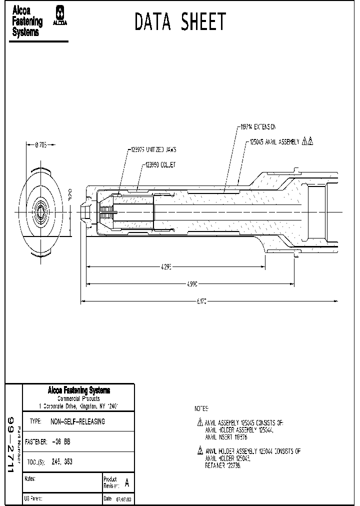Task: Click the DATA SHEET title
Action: pyautogui.click(x=180, y=22)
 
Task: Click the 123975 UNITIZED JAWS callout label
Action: pyautogui.click(x=153, y=149)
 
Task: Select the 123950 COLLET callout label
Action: pyautogui.click(x=160, y=164)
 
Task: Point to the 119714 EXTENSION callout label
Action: pyautogui.click(x=257, y=127)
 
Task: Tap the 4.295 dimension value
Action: pyautogui.click(x=166, y=267)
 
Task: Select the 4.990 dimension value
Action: pyautogui.click(x=192, y=284)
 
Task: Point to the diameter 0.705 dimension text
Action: pyautogui.click(x=41, y=144)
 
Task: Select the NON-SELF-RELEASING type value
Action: pyautogui.click(x=78, y=421)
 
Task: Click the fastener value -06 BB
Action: pyautogui.click(x=61, y=442)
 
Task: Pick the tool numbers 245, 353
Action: pyautogui.click(x=62, y=462)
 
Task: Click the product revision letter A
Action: pyautogui.click(x=127, y=483)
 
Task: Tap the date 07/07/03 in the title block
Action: pyautogui.click(x=124, y=499)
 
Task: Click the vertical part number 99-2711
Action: pyautogui.click(x=12, y=440)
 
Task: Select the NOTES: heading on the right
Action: pyautogui.click(x=201, y=408)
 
